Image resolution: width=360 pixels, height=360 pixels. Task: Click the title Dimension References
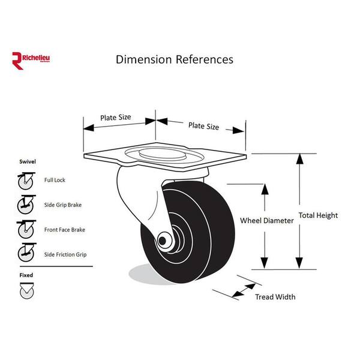pyautogui.click(x=174, y=59)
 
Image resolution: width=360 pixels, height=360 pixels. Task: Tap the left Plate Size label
pyautogui.click(x=115, y=118)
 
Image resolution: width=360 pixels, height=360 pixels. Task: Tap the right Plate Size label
pyautogui.click(x=204, y=126)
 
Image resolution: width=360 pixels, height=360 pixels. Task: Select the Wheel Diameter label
pyautogui.click(x=266, y=221)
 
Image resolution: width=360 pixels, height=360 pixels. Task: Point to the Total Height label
pyautogui.click(x=318, y=215)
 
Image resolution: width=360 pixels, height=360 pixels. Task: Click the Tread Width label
pyautogui.click(x=275, y=297)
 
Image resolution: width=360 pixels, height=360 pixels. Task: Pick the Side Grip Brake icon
pyautogui.click(x=25, y=205)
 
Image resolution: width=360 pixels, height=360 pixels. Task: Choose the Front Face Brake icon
pyautogui.click(x=25, y=230)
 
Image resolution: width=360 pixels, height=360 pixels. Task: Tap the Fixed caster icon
pyautogui.click(x=25, y=291)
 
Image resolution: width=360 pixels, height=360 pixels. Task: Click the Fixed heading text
pyautogui.click(x=25, y=275)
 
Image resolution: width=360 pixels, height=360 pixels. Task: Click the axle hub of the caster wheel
pyautogui.click(x=163, y=241)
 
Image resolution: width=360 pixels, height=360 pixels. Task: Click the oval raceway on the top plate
pyautogui.click(x=164, y=155)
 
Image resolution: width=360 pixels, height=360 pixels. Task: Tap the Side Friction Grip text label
pyautogui.click(x=65, y=255)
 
